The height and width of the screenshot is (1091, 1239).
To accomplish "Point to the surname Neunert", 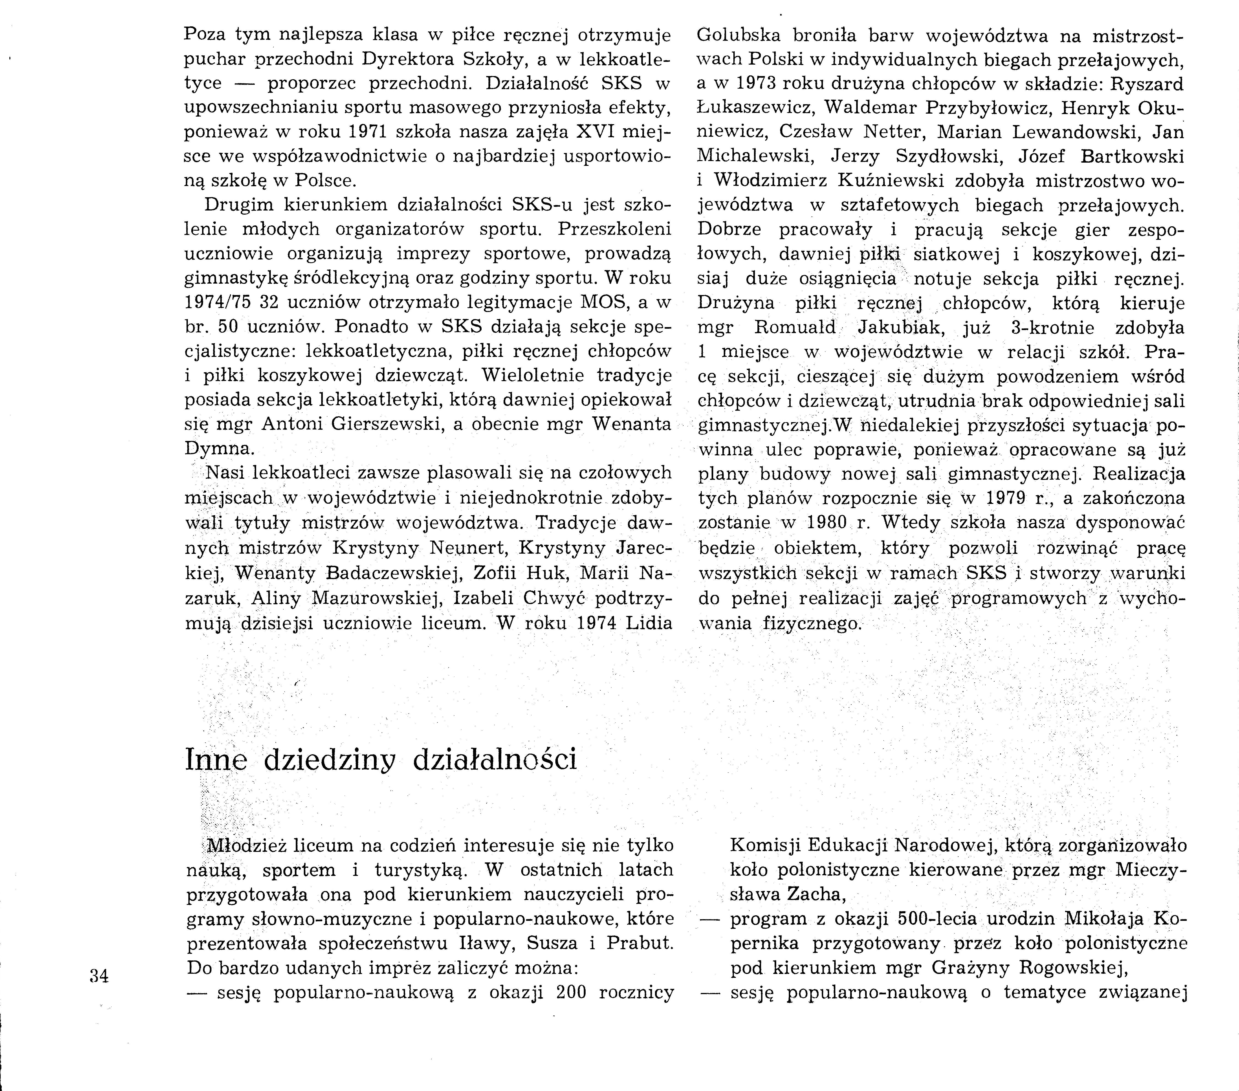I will coord(471,547).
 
